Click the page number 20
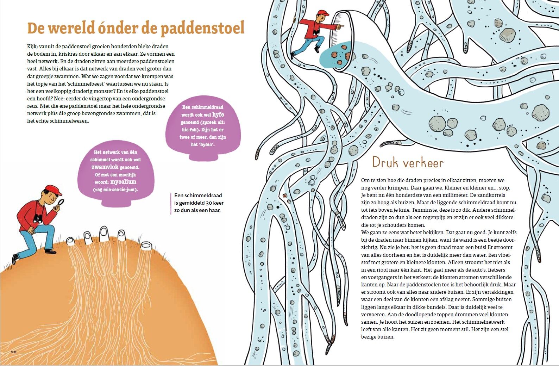pos(14,352)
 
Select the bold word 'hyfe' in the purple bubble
pos(218,114)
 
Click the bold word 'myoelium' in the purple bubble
pos(123,182)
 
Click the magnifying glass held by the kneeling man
pos(60,203)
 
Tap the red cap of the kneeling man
pos(53,190)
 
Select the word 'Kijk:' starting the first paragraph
pos(32,46)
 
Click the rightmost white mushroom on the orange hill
pos(146,246)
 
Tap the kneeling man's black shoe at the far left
pos(15,259)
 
